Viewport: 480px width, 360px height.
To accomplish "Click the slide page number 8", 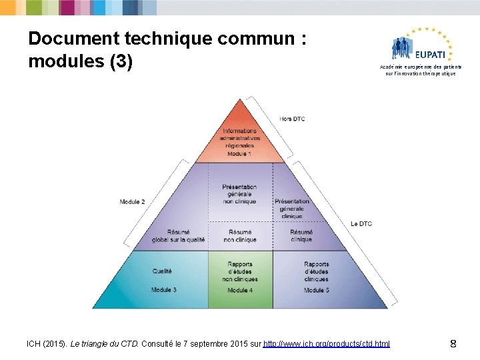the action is pos(453,344).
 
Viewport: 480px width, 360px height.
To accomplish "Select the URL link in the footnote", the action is pos(327,343).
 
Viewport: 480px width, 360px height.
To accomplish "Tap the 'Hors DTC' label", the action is pos(292,119).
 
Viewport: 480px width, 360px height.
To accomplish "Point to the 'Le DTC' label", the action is pos(361,224).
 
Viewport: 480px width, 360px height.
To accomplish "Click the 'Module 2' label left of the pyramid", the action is pos(132,201).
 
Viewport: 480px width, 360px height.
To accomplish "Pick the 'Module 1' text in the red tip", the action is pos(239,153).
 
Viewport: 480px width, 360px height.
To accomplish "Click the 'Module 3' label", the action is pos(164,290).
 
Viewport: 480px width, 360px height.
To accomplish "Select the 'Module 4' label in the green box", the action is pos(240,291).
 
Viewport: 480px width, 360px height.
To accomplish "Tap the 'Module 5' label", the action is pos(317,291).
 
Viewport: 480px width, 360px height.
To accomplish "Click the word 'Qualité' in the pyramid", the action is pos(162,271).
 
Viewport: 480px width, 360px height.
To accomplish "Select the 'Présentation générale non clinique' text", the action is pos(239,194).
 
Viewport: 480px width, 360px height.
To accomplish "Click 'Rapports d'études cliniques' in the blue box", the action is pos(317,271).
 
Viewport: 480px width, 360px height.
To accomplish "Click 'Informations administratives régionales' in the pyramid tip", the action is pos(239,138).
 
